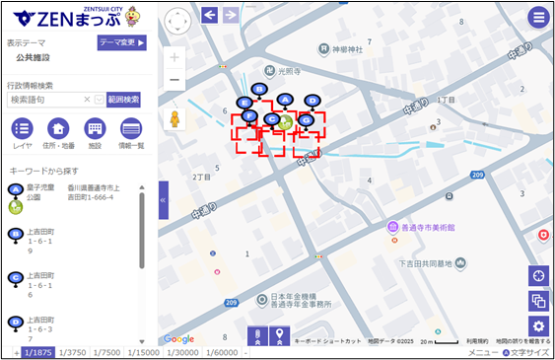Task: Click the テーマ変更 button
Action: pyautogui.click(x=121, y=42)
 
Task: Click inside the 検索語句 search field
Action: pyautogui.click(x=44, y=100)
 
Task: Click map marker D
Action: pyautogui.click(x=312, y=101)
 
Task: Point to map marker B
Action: pyautogui.click(x=259, y=90)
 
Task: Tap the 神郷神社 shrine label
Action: pyautogui.click(x=347, y=48)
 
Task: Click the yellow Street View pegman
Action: pyautogui.click(x=175, y=119)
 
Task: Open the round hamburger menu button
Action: pyautogui.click(x=538, y=17)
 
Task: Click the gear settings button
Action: pyautogui.click(x=538, y=326)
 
